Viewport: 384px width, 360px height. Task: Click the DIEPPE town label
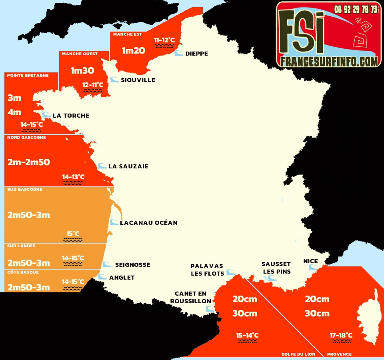click(196, 54)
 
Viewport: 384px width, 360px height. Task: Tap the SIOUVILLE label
click(138, 80)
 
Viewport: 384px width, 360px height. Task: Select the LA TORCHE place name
click(71, 116)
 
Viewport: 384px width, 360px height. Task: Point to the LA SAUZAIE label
click(128, 166)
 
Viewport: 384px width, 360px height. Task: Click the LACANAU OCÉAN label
click(148, 223)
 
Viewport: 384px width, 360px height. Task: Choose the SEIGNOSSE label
click(132, 265)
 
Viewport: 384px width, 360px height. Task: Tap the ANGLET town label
click(122, 278)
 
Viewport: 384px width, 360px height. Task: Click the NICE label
click(310, 261)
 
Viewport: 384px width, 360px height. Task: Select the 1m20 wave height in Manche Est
click(134, 50)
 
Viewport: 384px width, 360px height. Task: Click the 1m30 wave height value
click(82, 71)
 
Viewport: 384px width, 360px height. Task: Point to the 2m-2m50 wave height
click(29, 162)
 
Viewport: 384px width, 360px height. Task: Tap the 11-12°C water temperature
click(165, 40)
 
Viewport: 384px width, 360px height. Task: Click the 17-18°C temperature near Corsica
click(341, 335)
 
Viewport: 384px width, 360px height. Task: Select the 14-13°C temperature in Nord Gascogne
click(73, 177)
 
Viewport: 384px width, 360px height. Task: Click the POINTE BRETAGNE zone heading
click(28, 75)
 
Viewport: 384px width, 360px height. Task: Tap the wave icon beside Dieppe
click(179, 54)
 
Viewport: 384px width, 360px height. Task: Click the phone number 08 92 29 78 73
click(356, 9)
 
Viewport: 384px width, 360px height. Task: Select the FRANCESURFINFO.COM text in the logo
click(329, 61)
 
